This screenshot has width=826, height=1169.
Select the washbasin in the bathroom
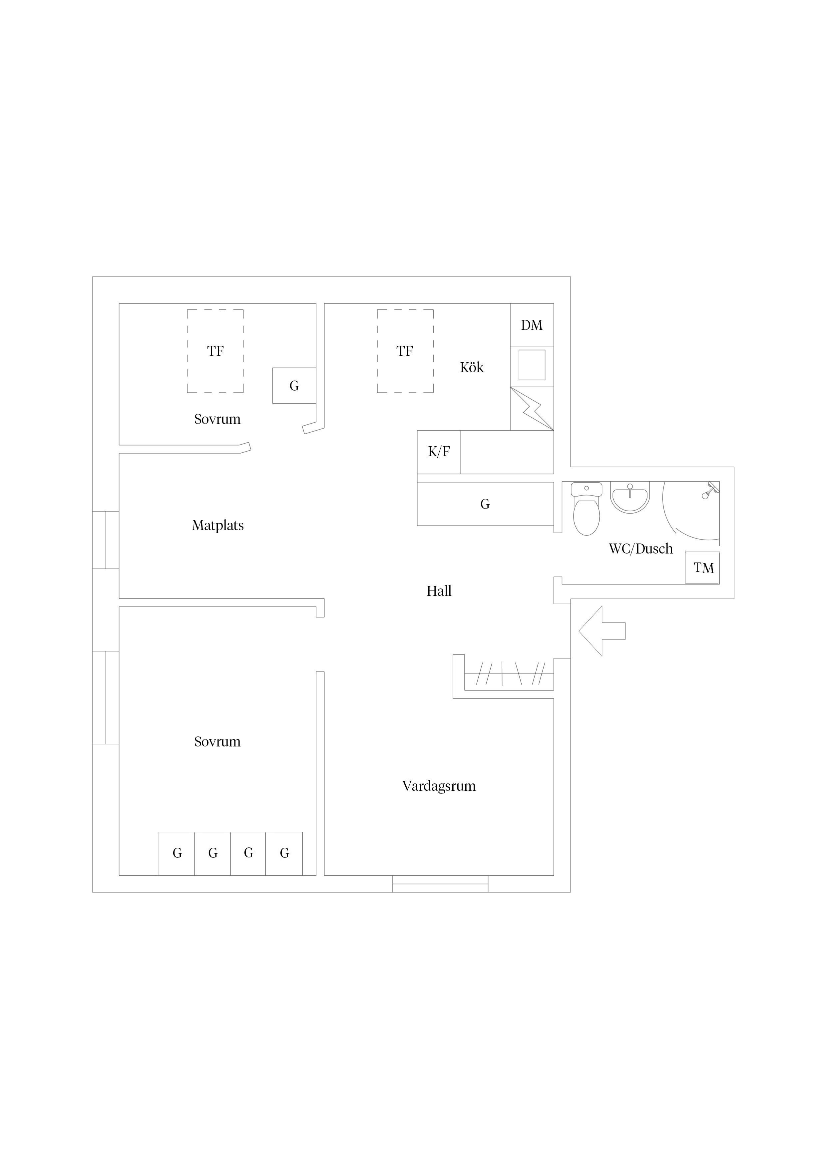click(x=630, y=498)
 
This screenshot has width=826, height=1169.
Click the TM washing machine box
click(x=703, y=568)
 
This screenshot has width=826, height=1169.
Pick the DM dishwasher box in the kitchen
click(x=532, y=325)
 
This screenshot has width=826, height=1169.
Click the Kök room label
click(x=472, y=367)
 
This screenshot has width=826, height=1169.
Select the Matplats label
click(x=218, y=526)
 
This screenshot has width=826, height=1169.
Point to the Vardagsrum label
click(x=439, y=786)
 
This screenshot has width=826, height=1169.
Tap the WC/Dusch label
click(x=641, y=549)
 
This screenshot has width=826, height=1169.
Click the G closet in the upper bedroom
click(x=294, y=386)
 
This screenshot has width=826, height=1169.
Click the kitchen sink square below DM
click(x=532, y=365)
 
